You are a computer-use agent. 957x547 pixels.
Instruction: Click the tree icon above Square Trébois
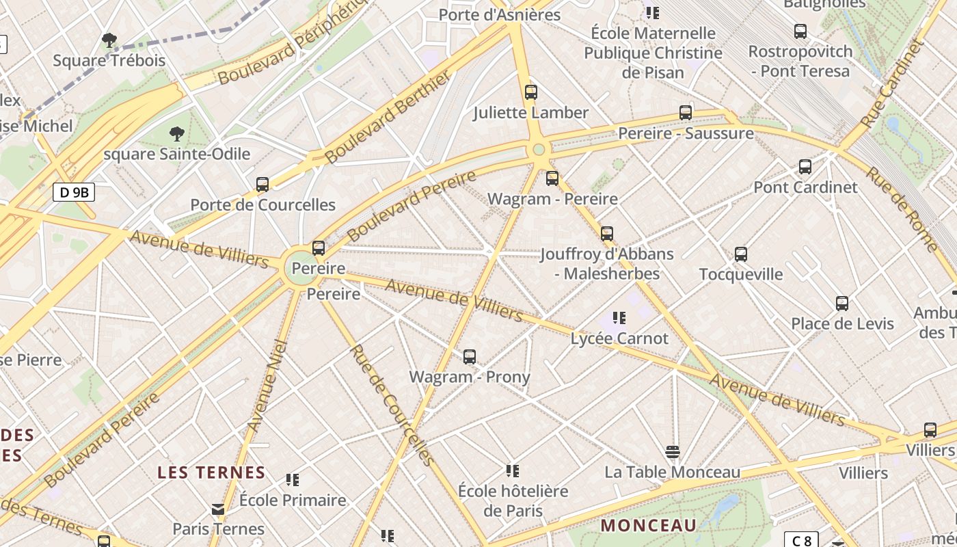coord(109,40)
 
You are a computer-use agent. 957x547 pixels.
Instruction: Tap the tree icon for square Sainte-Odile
coord(177,133)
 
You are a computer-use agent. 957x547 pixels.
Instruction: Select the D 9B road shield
coord(74,192)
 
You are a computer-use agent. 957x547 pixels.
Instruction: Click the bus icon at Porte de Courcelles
coord(262,184)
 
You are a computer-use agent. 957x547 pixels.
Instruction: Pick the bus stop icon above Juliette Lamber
coord(531,92)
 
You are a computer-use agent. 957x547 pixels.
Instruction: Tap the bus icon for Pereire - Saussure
coord(686,113)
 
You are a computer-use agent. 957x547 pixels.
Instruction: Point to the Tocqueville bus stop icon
coord(741,254)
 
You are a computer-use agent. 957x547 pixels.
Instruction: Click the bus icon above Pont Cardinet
coord(805,166)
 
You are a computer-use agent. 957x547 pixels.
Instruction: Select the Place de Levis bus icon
coord(842,303)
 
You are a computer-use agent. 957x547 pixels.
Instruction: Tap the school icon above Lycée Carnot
coord(619,317)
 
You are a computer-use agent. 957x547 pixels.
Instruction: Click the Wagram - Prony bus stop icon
coord(470,356)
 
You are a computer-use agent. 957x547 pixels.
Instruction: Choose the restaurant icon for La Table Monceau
coord(673,451)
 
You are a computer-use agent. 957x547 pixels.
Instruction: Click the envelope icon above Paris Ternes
coord(218,509)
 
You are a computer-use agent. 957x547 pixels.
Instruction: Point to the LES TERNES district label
coord(211,472)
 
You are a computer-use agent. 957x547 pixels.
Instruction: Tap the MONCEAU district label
coord(649,526)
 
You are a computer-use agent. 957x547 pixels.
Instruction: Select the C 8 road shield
coord(801,540)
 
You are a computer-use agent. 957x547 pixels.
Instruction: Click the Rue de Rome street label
coord(902,209)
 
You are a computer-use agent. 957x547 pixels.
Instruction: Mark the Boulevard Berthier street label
coord(388,117)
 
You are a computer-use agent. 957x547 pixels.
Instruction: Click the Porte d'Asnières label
coord(499,14)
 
